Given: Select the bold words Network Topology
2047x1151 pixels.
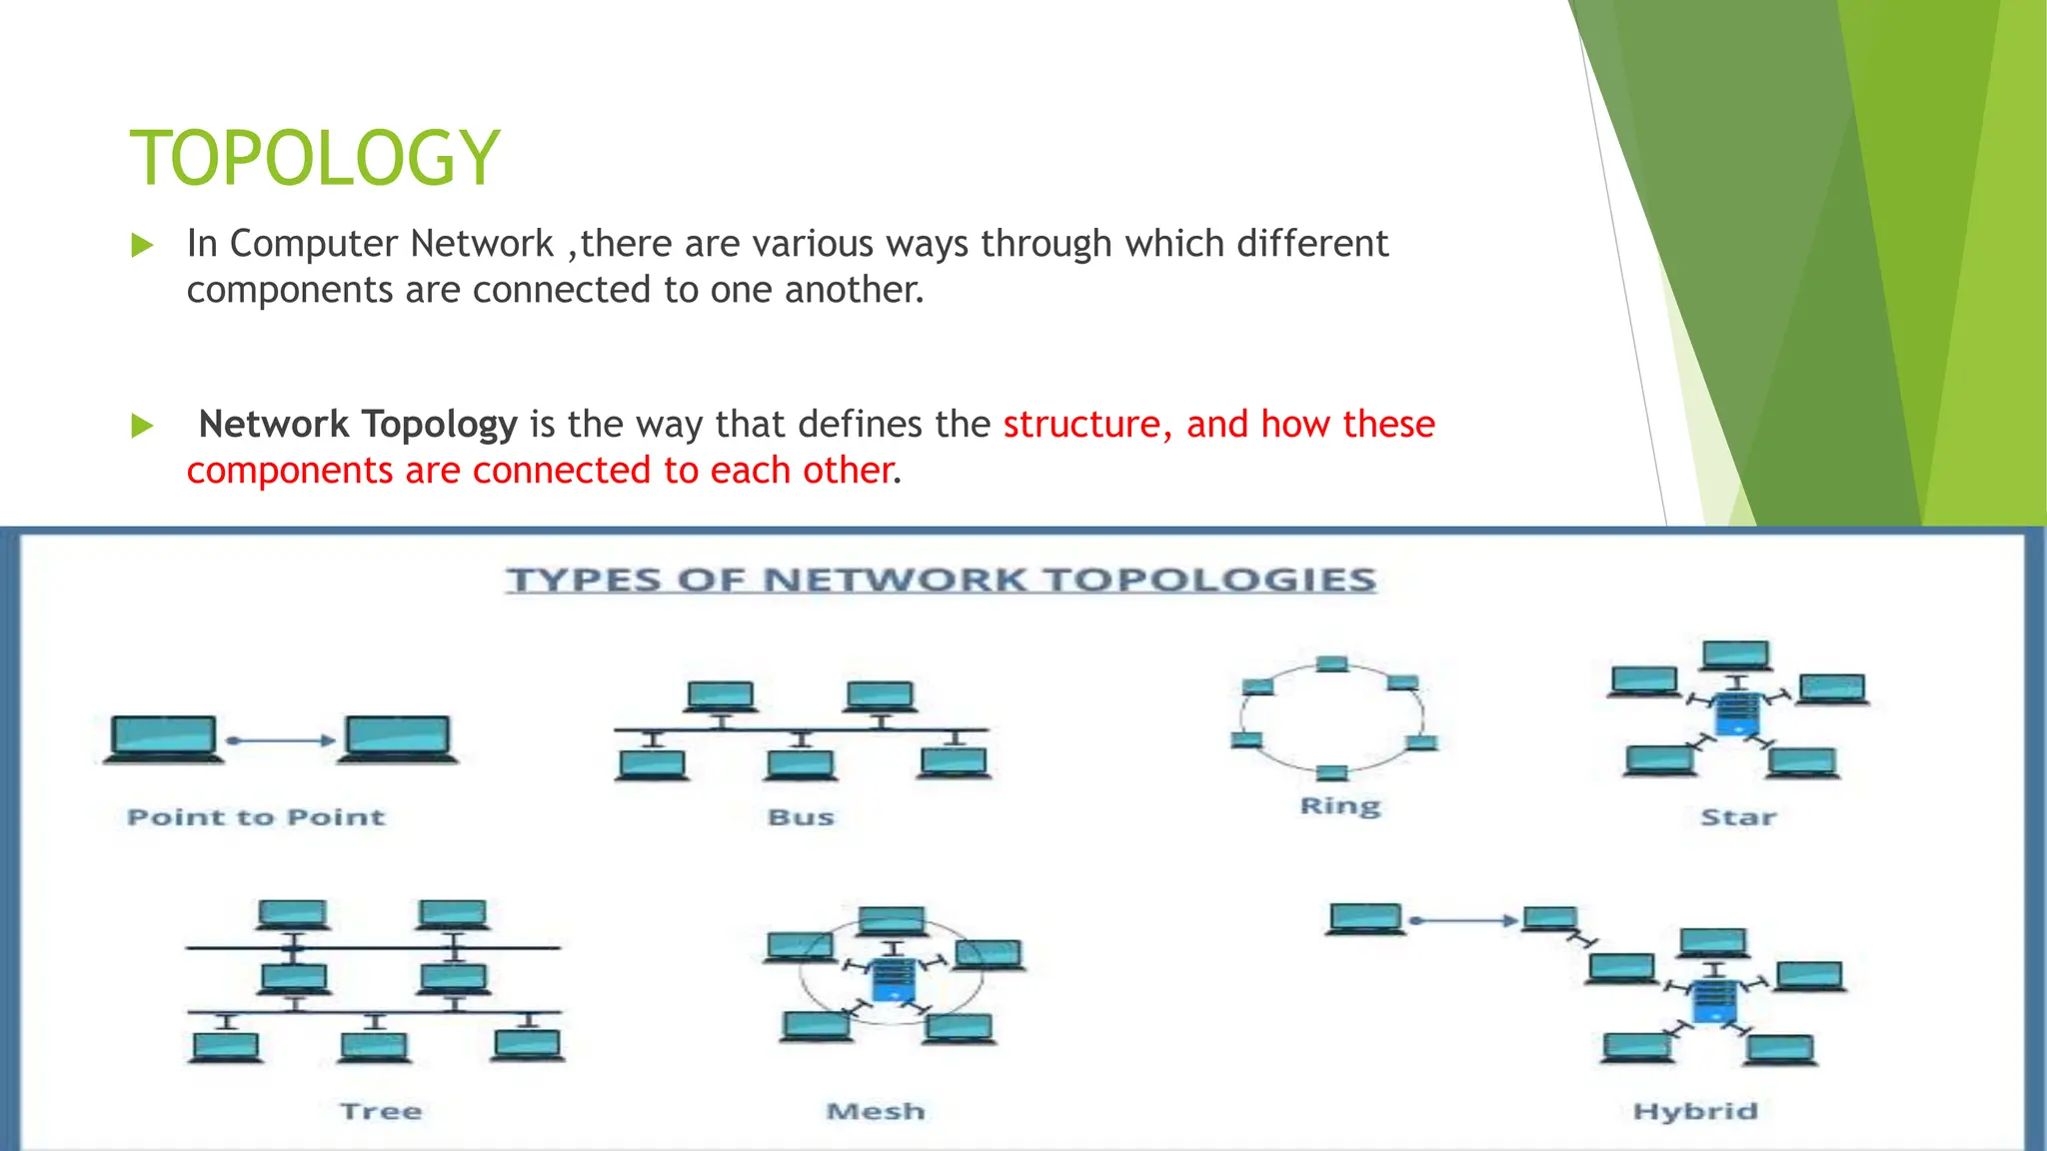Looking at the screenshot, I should [x=358, y=425].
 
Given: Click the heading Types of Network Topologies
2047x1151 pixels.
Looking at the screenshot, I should [x=941, y=580].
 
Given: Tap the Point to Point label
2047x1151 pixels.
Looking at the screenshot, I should [x=256, y=817].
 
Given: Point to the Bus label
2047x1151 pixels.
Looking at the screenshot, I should [x=801, y=817].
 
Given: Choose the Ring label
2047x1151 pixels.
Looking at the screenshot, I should [x=1339, y=805].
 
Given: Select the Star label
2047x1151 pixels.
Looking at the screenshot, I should [x=1738, y=817].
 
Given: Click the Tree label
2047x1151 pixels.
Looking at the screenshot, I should [x=381, y=1111].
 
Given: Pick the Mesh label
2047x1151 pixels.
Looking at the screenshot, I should [x=876, y=1111].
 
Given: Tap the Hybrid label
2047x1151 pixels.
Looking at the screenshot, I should [x=1695, y=1111].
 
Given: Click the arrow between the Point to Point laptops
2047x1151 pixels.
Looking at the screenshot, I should [x=281, y=740].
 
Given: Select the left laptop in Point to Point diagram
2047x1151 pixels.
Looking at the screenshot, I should [x=163, y=739].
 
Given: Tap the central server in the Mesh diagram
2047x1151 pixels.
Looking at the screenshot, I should [x=893, y=979].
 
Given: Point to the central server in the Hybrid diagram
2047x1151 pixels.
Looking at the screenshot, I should [x=1713, y=1000].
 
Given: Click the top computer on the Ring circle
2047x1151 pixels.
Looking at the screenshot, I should [x=1331, y=664].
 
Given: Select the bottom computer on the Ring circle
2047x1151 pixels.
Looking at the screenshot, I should [x=1331, y=772].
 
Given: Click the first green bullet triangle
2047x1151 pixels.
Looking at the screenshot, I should [x=143, y=245].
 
